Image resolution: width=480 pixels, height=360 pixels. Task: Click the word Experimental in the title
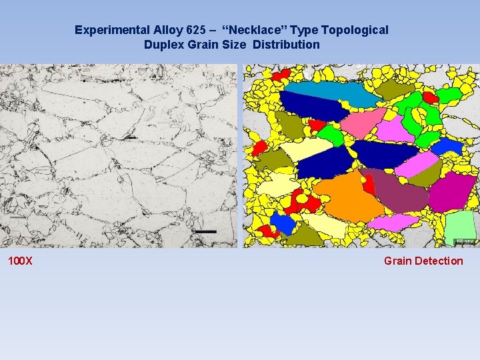pos(108,30)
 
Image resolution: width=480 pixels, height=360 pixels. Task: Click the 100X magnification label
pos(20,261)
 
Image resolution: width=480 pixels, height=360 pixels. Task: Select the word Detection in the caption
pos(439,261)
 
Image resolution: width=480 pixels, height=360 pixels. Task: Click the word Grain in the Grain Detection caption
pos(398,261)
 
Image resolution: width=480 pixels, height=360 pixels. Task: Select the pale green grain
pos(459,227)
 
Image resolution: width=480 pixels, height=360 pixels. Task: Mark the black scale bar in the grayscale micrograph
pos(206,231)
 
